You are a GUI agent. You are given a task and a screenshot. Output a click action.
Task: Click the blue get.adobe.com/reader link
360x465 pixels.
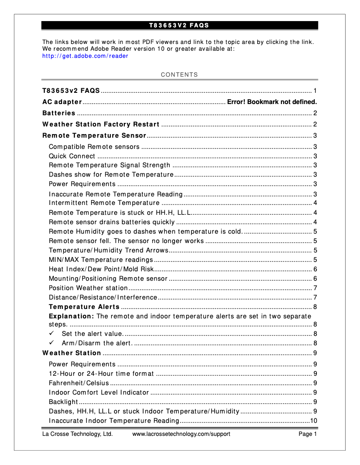click(x=85, y=56)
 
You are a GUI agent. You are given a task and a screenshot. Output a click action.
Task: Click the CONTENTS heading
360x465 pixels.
click(x=179, y=74)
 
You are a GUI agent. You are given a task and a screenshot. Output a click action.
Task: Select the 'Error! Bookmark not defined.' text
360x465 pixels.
click(x=272, y=102)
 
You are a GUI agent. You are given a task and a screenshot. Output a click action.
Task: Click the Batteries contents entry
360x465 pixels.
click(x=59, y=113)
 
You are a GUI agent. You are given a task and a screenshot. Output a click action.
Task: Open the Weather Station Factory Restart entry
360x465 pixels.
click(x=101, y=124)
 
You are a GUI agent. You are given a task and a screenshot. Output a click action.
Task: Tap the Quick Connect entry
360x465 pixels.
click(x=72, y=156)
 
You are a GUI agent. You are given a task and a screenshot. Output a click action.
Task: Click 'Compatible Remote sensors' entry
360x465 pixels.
click(x=94, y=147)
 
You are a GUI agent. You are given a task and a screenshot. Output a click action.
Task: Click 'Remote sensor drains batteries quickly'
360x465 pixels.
click(x=112, y=222)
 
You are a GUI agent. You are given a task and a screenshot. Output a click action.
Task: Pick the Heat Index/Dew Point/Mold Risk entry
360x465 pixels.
click(x=101, y=269)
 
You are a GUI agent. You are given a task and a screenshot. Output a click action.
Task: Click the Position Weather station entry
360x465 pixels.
click(x=88, y=288)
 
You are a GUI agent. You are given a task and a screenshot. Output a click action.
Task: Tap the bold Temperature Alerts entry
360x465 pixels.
click(x=84, y=307)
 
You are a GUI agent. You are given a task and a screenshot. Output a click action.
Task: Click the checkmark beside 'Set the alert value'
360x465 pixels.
click(x=52, y=334)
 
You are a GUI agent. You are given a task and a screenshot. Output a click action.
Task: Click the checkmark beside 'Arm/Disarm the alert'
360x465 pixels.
click(x=52, y=343)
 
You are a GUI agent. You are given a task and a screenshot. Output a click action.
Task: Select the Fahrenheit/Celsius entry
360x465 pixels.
click(x=79, y=383)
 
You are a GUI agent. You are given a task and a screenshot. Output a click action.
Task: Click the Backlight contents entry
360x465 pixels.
click(x=62, y=402)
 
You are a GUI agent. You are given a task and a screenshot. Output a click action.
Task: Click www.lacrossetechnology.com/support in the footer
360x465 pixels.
click(x=181, y=434)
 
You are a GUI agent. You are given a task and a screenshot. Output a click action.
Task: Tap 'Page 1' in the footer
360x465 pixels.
click(x=308, y=434)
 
